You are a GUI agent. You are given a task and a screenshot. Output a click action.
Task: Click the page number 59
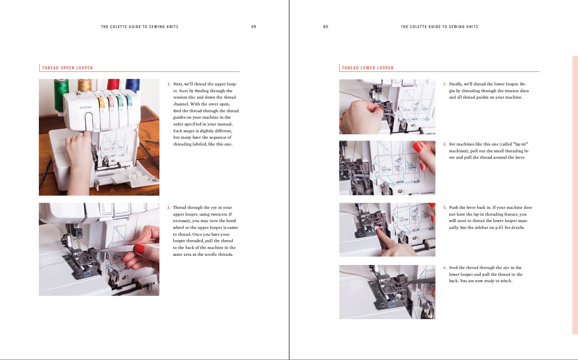coord(254,26)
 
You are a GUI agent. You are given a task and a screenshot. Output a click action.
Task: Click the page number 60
coord(326,26)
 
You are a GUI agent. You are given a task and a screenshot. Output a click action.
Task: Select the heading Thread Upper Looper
coord(67,68)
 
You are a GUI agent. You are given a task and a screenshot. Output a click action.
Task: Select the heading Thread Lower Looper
coord(368,68)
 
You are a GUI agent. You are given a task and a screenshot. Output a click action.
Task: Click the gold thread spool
coord(85,85)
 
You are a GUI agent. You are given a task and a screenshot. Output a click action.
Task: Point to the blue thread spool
coord(133,85)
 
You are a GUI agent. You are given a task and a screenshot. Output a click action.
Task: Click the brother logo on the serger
coord(86,107)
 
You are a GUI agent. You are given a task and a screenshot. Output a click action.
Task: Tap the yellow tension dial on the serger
coord(101,103)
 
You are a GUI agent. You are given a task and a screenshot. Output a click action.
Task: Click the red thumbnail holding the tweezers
coord(139,249)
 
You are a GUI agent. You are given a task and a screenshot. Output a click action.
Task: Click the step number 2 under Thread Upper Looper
coord(169,208)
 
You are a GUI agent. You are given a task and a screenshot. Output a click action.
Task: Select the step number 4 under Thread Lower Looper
coord(445,268)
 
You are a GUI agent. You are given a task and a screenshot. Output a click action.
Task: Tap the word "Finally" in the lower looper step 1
coord(456,84)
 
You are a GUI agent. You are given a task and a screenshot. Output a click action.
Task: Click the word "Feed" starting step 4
coord(453,267)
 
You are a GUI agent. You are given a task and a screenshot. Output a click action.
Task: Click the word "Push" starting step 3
coord(453,207)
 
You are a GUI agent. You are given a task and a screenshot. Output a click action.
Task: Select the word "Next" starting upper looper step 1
coord(178,84)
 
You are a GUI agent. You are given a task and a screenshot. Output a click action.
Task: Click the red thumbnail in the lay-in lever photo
coord(418,147)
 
